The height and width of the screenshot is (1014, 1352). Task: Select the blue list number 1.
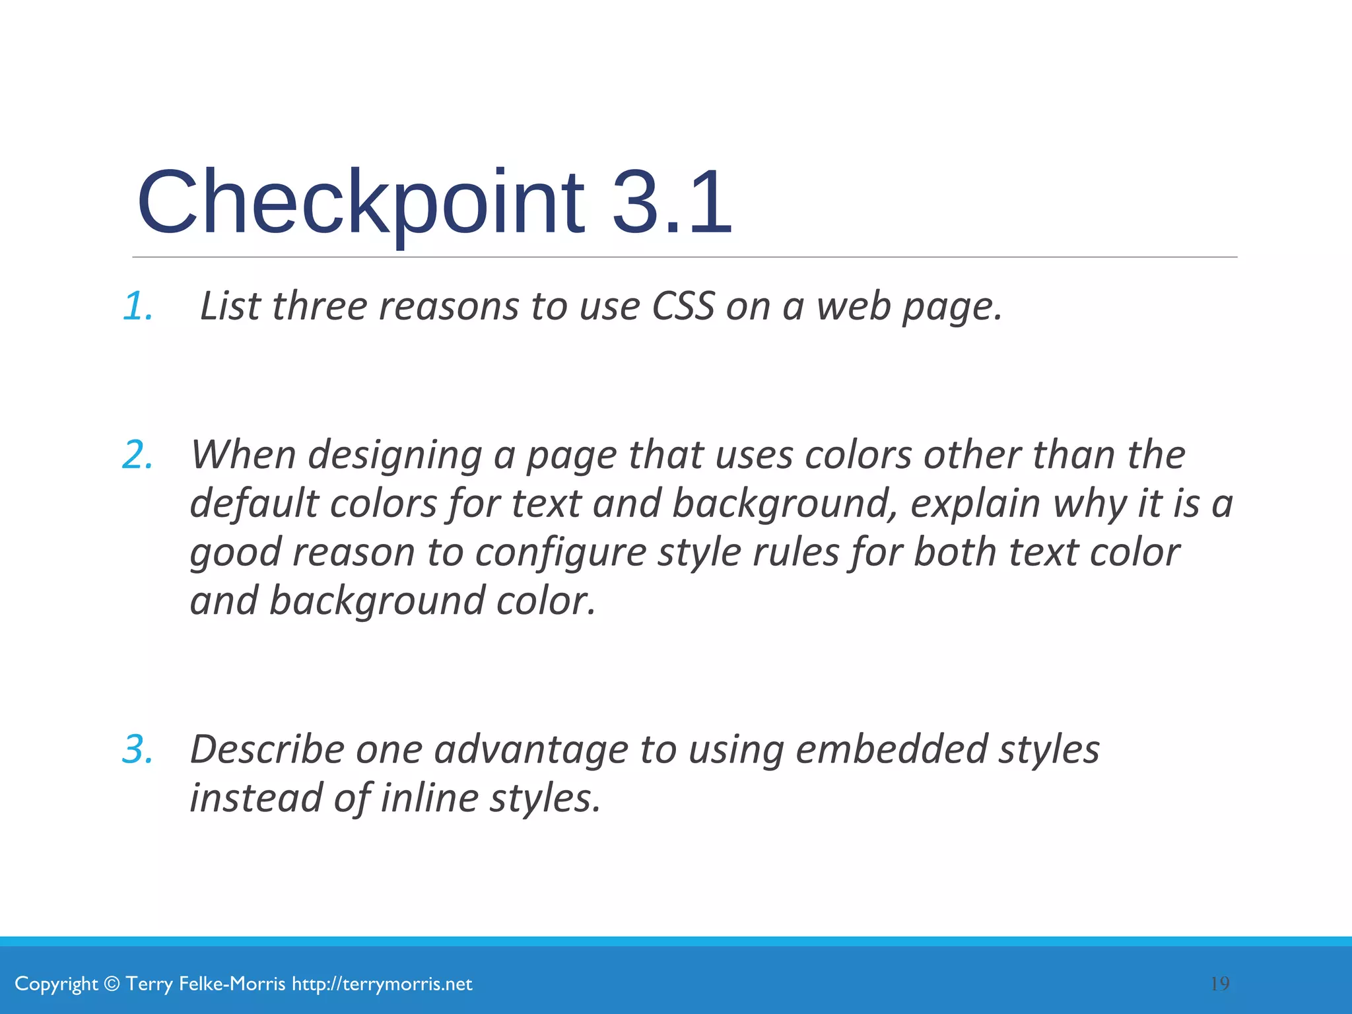click(x=138, y=306)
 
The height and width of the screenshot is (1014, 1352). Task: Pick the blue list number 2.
click(x=138, y=455)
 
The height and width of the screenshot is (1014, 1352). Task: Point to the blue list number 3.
click(x=138, y=749)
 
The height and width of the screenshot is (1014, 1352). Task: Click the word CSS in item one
click(x=683, y=306)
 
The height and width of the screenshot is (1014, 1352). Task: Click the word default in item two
click(x=253, y=504)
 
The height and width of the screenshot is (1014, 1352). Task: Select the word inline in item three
click(x=430, y=798)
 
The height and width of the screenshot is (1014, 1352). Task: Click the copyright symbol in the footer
click(x=112, y=984)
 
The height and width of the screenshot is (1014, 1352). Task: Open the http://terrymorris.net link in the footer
click(x=382, y=984)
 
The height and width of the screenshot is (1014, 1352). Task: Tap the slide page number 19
click(x=1220, y=984)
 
